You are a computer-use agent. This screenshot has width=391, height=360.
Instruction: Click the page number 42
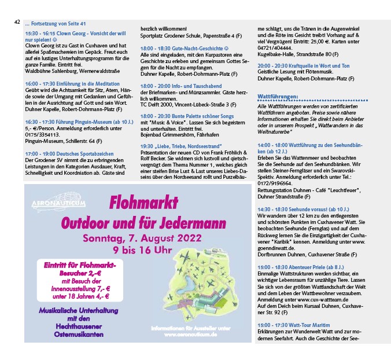tap(16, 22)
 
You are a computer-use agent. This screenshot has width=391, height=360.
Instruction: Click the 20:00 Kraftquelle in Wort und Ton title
tap(303, 66)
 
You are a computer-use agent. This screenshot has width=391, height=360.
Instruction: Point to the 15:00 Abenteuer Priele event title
tap(303, 268)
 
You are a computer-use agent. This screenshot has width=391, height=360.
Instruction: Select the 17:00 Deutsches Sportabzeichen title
tap(69, 154)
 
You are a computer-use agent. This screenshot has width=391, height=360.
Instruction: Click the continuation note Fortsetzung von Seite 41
tap(56, 24)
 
